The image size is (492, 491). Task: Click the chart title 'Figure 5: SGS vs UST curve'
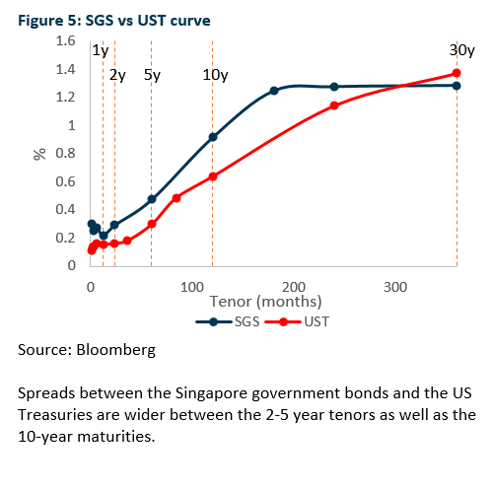click(114, 21)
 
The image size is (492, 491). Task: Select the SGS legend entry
click(228, 321)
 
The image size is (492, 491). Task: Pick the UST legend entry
click(297, 321)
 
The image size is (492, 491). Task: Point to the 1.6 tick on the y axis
click(65, 41)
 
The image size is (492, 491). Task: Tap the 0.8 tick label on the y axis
click(65, 153)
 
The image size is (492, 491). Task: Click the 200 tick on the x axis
click(294, 287)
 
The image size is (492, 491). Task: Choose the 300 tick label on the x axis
click(395, 287)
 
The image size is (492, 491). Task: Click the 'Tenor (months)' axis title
click(265, 302)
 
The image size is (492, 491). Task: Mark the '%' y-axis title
click(39, 154)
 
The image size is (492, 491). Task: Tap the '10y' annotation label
click(215, 75)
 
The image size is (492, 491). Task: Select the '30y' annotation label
click(462, 50)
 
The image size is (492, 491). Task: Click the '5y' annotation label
click(152, 75)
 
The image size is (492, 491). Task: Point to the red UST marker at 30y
click(457, 73)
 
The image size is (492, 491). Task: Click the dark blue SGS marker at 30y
click(457, 86)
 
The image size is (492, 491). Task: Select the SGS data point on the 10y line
click(213, 137)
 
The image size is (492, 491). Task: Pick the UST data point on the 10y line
click(213, 176)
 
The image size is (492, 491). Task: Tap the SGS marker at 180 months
click(274, 91)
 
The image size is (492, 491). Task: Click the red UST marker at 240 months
click(334, 105)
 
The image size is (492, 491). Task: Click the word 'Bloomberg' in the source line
click(116, 350)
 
